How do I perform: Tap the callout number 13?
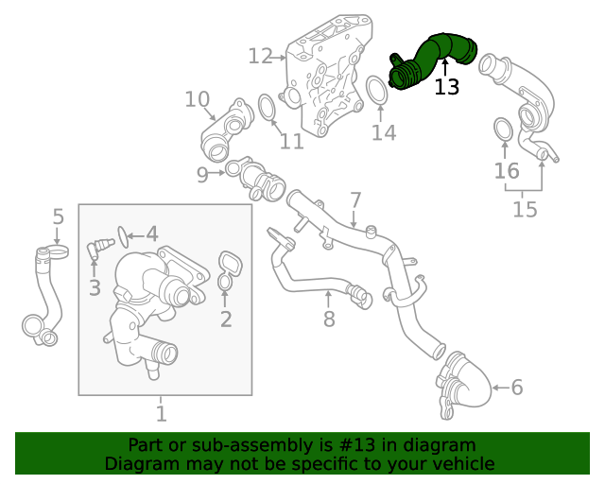[x=446, y=87]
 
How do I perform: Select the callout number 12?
[x=260, y=57]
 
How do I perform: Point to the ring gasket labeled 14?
[x=377, y=93]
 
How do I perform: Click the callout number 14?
[x=383, y=132]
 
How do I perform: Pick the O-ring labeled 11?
[x=267, y=106]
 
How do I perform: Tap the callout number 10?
[x=197, y=99]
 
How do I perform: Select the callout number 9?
[x=202, y=174]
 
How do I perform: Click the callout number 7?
[x=355, y=199]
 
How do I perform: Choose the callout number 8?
[x=329, y=320]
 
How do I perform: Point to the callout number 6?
[x=516, y=387]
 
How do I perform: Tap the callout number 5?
[x=58, y=216]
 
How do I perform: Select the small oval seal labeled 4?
[x=122, y=233]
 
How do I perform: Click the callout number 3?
[x=94, y=286]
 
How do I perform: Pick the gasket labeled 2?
[x=228, y=268]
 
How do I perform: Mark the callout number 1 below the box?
[x=161, y=413]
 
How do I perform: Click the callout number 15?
[x=525, y=208]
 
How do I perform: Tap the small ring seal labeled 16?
[x=504, y=130]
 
